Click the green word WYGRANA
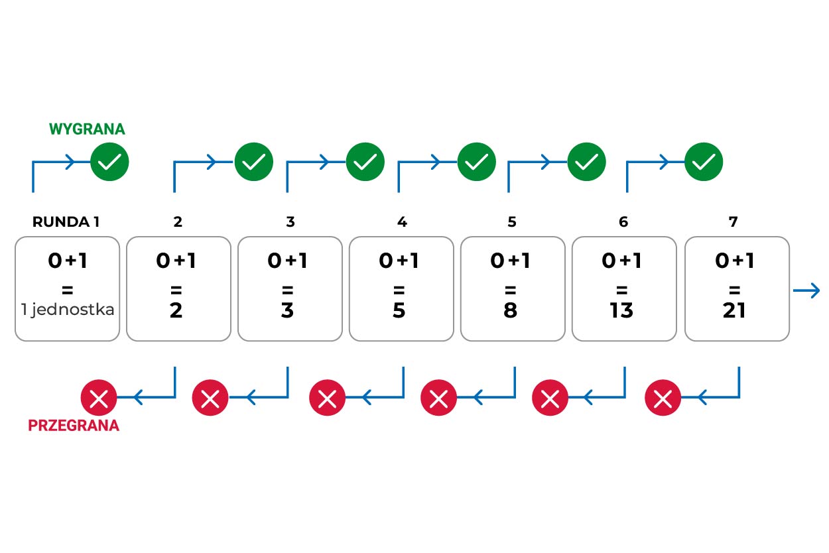coord(87,129)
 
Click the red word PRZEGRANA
coord(74,426)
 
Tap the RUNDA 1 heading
coord(66,222)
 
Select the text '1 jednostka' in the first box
coord(68,310)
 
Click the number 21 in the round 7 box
coord(735,310)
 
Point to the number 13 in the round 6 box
coord(622,310)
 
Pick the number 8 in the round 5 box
coord(510,310)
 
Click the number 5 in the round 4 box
coord(399,310)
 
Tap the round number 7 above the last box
coord(733,222)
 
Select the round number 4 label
coord(402,222)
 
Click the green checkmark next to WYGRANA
coord(109,161)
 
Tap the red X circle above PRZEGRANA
coord(99,399)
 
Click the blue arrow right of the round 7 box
coord(806,290)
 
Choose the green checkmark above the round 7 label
coord(703,161)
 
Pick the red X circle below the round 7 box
coord(663,399)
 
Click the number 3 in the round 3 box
coord(287,310)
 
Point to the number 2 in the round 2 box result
coord(176,310)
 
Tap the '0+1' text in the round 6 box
coord(621,261)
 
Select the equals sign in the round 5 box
coord(510,290)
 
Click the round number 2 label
coord(178,222)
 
